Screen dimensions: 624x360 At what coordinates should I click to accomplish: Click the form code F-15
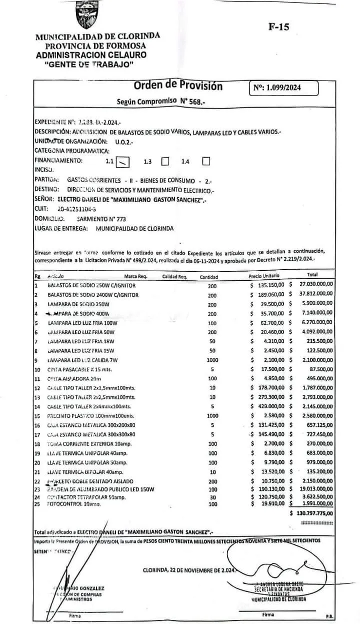[x=278, y=27]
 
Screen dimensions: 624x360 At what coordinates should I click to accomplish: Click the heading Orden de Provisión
[x=178, y=86]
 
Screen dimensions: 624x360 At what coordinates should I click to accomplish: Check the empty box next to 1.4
[x=205, y=161]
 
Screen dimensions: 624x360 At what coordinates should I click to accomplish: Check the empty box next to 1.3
[x=166, y=161]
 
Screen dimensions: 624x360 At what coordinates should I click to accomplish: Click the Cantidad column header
[x=208, y=277]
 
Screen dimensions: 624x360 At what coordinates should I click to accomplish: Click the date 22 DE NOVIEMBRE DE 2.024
[x=189, y=570]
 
